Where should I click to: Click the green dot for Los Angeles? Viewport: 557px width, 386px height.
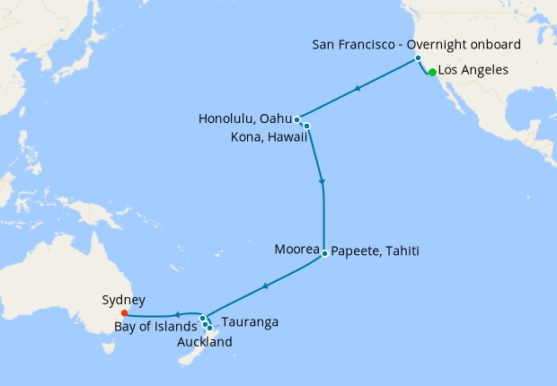[432, 73]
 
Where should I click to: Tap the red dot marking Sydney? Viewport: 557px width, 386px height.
[124, 313]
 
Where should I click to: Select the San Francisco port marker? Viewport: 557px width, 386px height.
[418, 57]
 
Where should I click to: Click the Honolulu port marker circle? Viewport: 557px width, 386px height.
[296, 119]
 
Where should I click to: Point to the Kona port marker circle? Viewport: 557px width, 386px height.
[306, 126]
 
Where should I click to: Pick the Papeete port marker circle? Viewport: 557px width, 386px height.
[323, 252]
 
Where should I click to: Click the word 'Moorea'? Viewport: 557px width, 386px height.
[296, 250]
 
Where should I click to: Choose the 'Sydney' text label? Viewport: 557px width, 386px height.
[124, 300]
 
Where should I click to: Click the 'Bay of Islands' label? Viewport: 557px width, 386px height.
[155, 326]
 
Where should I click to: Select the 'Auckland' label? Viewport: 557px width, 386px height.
[204, 341]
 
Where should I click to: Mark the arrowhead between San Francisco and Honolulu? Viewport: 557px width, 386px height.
[358, 88]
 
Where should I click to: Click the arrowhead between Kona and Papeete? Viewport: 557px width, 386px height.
[322, 183]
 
